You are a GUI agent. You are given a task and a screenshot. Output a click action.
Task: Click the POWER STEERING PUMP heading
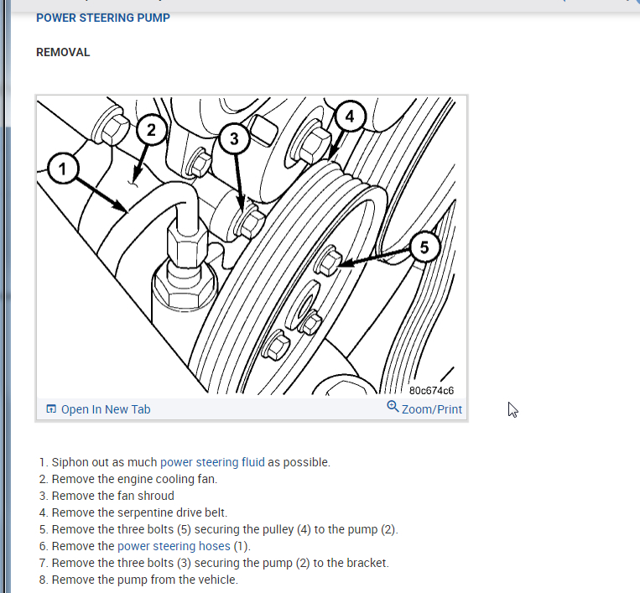(103, 18)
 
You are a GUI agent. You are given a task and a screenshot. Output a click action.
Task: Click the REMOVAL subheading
(63, 52)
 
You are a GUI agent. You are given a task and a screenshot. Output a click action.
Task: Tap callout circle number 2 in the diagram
(151, 129)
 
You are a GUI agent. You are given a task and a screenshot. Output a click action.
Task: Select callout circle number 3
(235, 139)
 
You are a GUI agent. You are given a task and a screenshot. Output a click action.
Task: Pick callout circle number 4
(350, 116)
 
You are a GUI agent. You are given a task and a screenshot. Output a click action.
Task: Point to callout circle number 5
(424, 247)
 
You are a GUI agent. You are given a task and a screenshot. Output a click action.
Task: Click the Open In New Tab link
(106, 409)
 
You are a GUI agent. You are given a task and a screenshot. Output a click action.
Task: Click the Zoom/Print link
(431, 409)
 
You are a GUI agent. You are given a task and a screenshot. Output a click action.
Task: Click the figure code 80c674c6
(431, 391)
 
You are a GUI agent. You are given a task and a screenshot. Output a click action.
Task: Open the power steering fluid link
(212, 462)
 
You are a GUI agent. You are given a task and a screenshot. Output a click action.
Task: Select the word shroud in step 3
(155, 496)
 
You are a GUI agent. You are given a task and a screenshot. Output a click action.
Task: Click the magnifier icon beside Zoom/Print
(393, 408)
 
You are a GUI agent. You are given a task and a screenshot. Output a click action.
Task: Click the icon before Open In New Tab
(51, 409)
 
